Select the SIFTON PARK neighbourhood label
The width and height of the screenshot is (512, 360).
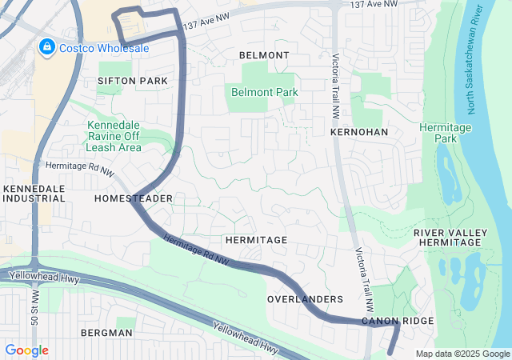pyautogui.click(x=133, y=81)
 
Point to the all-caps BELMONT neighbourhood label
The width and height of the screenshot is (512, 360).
pyautogui.click(x=264, y=55)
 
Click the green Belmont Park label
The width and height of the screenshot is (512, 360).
pyautogui.click(x=264, y=92)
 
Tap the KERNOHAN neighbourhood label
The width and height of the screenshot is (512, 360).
pyautogui.click(x=358, y=130)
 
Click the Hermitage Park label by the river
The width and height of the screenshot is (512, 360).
pyautogui.click(x=446, y=133)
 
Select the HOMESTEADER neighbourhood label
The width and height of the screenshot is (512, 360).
pyautogui.click(x=134, y=198)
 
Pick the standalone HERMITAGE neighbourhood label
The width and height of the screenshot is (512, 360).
pyautogui.click(x=256, y=240)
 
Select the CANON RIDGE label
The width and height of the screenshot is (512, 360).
pyautogui.click(x=398, y=321)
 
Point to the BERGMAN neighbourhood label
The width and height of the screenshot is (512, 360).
pyautogui.click(x=106, y=332)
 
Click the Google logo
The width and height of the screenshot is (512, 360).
pyautogui.click(x=26, y=350)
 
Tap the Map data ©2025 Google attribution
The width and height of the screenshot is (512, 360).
pyautogui.click(x=462, y=354)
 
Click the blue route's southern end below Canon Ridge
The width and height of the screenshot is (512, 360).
pyautogui.click(x=390, y=352)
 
